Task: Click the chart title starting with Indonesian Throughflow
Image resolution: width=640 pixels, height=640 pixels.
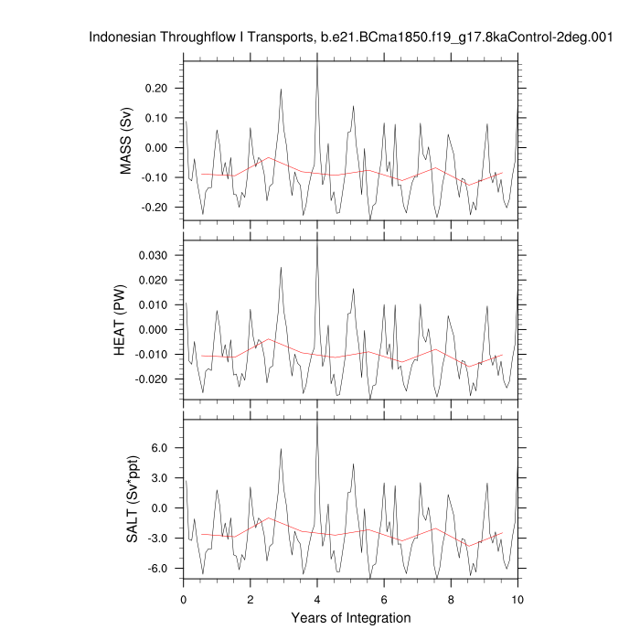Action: tap(350, 37)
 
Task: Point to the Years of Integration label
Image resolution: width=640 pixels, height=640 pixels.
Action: tap(351, 618)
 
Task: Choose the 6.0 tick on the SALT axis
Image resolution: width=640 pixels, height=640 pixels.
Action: tap(165, 449)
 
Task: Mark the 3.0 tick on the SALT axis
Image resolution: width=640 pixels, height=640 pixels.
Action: tap(165, 478)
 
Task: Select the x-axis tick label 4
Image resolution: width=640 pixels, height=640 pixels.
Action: tap(317, 599)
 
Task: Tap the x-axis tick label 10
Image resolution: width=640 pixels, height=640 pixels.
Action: tap(517, 599)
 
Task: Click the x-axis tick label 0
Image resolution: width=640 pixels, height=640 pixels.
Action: tap(184, 599)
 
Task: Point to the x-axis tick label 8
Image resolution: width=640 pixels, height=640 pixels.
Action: tap(451, 599)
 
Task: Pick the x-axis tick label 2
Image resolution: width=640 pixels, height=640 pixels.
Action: tap(251, 599)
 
